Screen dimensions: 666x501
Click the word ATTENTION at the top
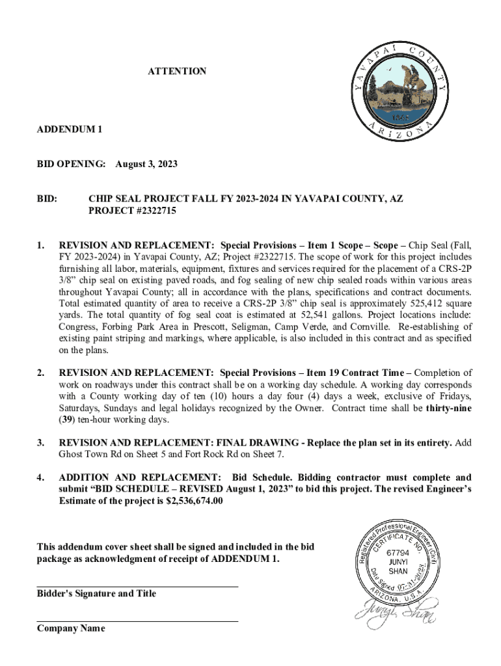click(x=177, y=71)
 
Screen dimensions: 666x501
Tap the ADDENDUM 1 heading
click(x=70, y=129)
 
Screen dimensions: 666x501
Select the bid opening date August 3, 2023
click(x=146, y=165)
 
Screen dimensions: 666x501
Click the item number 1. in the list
click(x=40, y=245)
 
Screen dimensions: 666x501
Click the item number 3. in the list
click(x=40, y=443)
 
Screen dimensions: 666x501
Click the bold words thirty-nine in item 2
click(x=449, y=408)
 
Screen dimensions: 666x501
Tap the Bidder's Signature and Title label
click(x=96, y=593)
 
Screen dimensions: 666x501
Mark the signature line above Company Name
click(x=137, y=622)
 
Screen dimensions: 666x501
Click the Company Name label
click(x=71, y=628)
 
